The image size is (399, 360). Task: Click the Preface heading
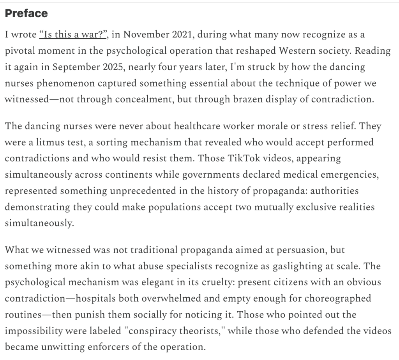pos(26,14)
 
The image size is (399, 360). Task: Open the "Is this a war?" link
pos(73,35)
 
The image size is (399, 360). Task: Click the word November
pos(146,35)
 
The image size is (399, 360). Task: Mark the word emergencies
pos(346,174)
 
